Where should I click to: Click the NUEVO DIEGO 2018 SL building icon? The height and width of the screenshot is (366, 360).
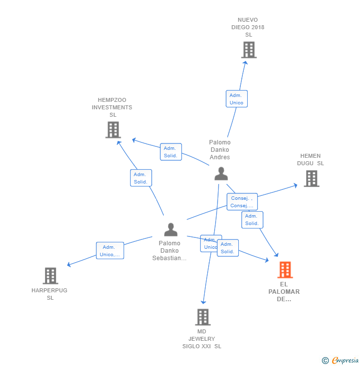[249, 50]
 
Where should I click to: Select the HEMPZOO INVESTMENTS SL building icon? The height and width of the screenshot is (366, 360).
[113, 130]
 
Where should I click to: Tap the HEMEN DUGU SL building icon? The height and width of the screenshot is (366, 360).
[311, 179]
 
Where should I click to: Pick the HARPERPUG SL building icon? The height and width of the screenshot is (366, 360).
[50, 276]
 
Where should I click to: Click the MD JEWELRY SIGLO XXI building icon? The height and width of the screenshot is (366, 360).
[203, 317]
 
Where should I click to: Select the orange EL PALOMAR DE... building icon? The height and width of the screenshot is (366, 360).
[285, 270]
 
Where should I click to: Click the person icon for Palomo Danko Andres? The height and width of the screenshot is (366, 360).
[221, 174]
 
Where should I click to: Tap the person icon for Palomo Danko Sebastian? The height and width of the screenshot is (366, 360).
[171, 229]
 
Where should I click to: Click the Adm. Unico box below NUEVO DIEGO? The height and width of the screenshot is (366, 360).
[236, 99]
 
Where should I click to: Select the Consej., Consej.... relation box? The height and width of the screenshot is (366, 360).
[242, 202]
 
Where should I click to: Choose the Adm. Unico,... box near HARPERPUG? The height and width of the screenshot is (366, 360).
[110, 251]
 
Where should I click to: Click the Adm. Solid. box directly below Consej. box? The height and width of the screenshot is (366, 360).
[252, 220]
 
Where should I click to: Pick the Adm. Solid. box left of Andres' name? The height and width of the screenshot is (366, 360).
[171, 152]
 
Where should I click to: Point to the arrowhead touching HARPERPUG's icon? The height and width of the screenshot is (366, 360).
[69, 265]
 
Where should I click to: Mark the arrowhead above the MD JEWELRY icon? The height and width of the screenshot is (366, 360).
[203, 302]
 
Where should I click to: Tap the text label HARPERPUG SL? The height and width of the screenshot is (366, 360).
[49, 294]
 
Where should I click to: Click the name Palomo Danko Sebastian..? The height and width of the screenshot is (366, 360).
[170, 251]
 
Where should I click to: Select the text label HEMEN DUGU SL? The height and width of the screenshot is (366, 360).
[311, 160]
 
